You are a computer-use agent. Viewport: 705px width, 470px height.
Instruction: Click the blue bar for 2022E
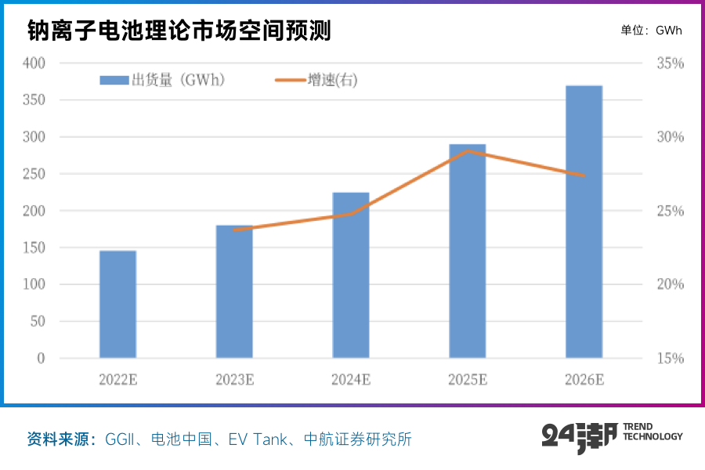117,304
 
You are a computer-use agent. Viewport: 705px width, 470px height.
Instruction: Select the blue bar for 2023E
234,291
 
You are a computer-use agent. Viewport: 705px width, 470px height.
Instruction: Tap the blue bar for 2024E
351,275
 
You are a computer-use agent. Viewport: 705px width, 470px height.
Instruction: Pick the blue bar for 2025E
468,251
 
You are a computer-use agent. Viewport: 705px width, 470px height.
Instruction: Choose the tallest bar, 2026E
584,222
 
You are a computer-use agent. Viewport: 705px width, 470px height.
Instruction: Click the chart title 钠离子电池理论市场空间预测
179,31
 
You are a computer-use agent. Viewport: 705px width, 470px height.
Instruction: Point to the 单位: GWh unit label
651,31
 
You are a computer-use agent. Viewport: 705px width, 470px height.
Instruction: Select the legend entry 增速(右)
317,80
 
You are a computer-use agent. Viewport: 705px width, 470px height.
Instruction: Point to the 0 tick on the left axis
41,358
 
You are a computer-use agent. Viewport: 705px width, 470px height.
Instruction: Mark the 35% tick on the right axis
669,63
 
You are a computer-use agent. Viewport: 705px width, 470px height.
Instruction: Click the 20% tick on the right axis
669,284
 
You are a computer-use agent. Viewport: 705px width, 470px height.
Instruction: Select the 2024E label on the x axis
351,380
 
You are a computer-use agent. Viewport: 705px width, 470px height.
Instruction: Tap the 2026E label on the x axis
584,380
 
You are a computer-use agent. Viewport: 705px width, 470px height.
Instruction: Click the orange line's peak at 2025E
468,150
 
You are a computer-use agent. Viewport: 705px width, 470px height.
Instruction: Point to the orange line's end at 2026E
584,175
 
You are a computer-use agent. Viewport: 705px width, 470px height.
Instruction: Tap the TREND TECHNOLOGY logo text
652,432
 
